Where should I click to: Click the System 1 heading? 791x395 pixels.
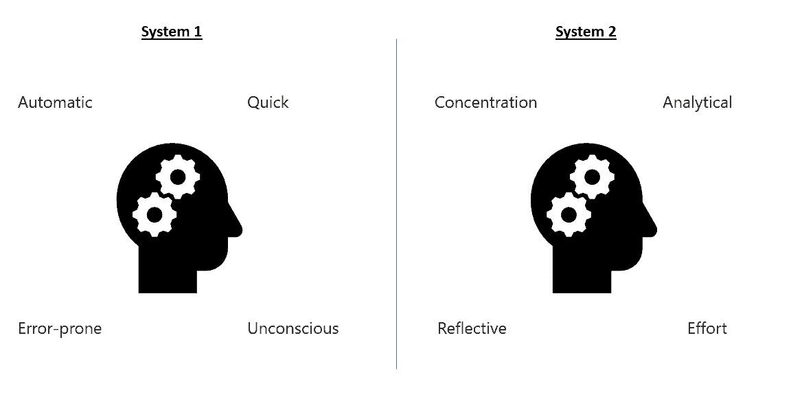coord(172,32)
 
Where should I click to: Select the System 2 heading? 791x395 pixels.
coord(586,32)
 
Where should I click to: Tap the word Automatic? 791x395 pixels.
coord(55,102)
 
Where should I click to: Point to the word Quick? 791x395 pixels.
coord(268,102)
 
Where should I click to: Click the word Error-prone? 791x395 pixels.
coord(60,328)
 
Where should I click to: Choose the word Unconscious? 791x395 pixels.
coord(293,328)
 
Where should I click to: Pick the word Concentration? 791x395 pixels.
coord(485,102)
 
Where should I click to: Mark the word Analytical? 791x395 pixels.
coord(697,102)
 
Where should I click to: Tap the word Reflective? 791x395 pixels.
coord(472,328)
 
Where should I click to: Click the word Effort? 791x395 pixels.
coord(707,328)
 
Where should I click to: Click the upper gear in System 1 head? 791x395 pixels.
coord(178,177)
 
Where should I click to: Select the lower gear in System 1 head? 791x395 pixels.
coord(154,214)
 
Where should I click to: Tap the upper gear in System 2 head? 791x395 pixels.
coord(593,177)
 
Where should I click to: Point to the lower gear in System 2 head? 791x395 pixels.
coord(569,214)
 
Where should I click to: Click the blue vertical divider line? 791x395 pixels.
coord(396,204)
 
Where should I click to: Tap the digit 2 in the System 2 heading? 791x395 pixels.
coord(611,32)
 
